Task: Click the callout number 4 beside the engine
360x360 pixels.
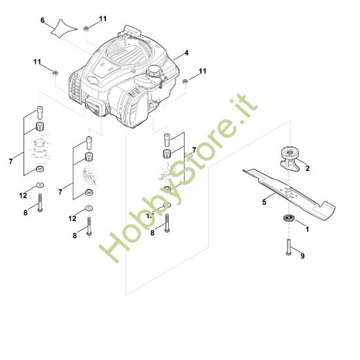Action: pyautogui.click(x=187, y=52)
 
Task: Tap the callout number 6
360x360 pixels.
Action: pyautogui.click(x=43, y=20)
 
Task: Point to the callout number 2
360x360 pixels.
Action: pyautogui.click(x=308, y=168)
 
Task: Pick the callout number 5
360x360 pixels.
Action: pyautogui.click(x=264, y=202)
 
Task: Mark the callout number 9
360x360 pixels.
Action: pyautogui.click(x=302, y=255)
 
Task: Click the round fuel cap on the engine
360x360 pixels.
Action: pyautogui.click(x=154, y=71)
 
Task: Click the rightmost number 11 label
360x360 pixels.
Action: pyautogui.click(x=202, y=71)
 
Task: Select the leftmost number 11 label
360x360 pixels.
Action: pyautogui.click(x=37, y=61)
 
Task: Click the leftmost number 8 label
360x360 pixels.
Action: pyautogui.click(x=26, y=212)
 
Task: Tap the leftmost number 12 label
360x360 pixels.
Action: pyautogui.click(x=22, y=195)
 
